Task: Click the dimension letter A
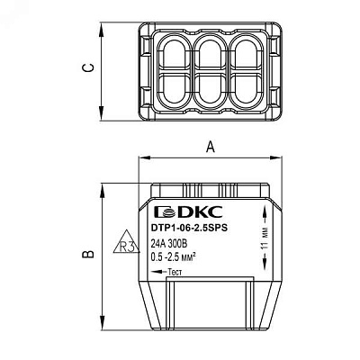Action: click(x=211, y=147)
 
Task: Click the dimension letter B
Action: click(x=88, y=254)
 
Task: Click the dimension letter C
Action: click(x=87, y=67)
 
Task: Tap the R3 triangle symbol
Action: click(x=127, y=242)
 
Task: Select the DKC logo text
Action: click(x=188, y=212)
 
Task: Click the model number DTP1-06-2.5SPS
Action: click(x=189, y=228)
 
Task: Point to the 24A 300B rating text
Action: click(x=169, y=245)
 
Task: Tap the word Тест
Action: click(x=175, y=272)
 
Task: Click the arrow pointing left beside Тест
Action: click(x=159, y=272)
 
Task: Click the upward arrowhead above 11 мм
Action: click(x=265, y=211)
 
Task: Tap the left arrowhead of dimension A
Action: click(x=144, y=157)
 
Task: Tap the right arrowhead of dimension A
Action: click(x=275, y=157)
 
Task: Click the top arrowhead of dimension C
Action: click(x=102, y=30)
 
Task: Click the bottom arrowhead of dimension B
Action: click(x=103, y=324)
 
